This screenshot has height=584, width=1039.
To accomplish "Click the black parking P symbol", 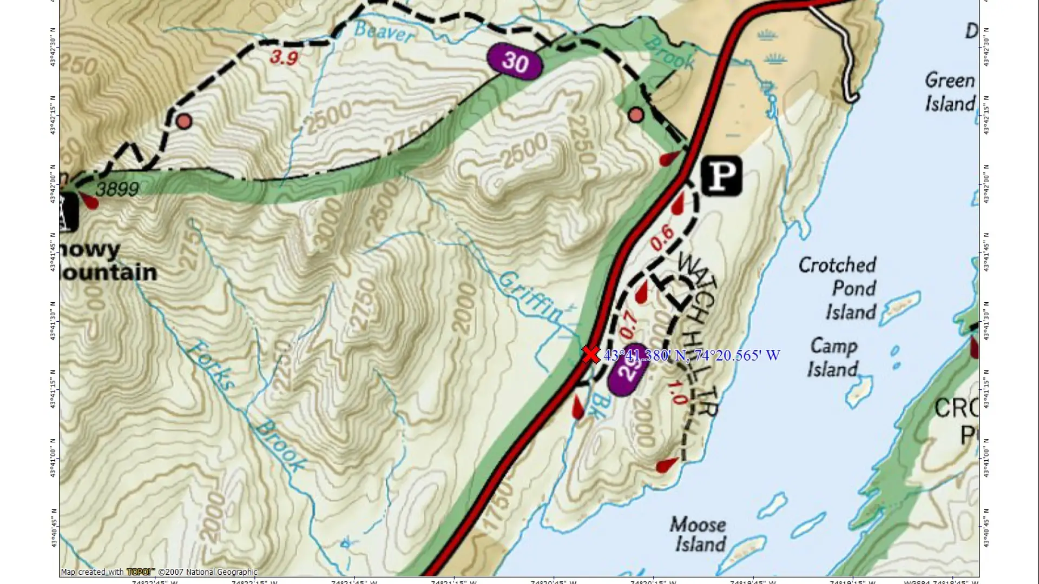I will coord(721,175).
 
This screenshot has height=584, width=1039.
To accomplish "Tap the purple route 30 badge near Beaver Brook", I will coord(514,62).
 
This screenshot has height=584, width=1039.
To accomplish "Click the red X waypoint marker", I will coord(591,355).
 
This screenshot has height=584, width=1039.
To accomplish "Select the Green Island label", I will coord(950,91).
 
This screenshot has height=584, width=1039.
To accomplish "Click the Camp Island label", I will coord(833,357).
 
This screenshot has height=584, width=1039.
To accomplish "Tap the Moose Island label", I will coord(699,534).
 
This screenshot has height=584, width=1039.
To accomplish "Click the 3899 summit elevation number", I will coord(117,189).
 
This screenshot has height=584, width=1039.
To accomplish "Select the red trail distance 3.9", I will coord(284,57).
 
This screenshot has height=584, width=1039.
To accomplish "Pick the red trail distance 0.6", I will coord(662,237).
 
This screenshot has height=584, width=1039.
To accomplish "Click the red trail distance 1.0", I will coord(676,392).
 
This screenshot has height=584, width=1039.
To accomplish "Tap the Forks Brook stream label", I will coord(246,406).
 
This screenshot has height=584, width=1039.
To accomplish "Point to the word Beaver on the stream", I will coord(384,32).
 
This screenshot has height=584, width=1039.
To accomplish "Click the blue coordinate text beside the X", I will coord(692,355).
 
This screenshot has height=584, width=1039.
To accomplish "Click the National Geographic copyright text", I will coord(208,572).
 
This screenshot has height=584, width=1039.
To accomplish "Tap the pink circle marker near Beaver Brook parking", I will coord(636,115).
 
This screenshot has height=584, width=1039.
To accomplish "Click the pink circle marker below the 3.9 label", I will coord(184,121).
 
